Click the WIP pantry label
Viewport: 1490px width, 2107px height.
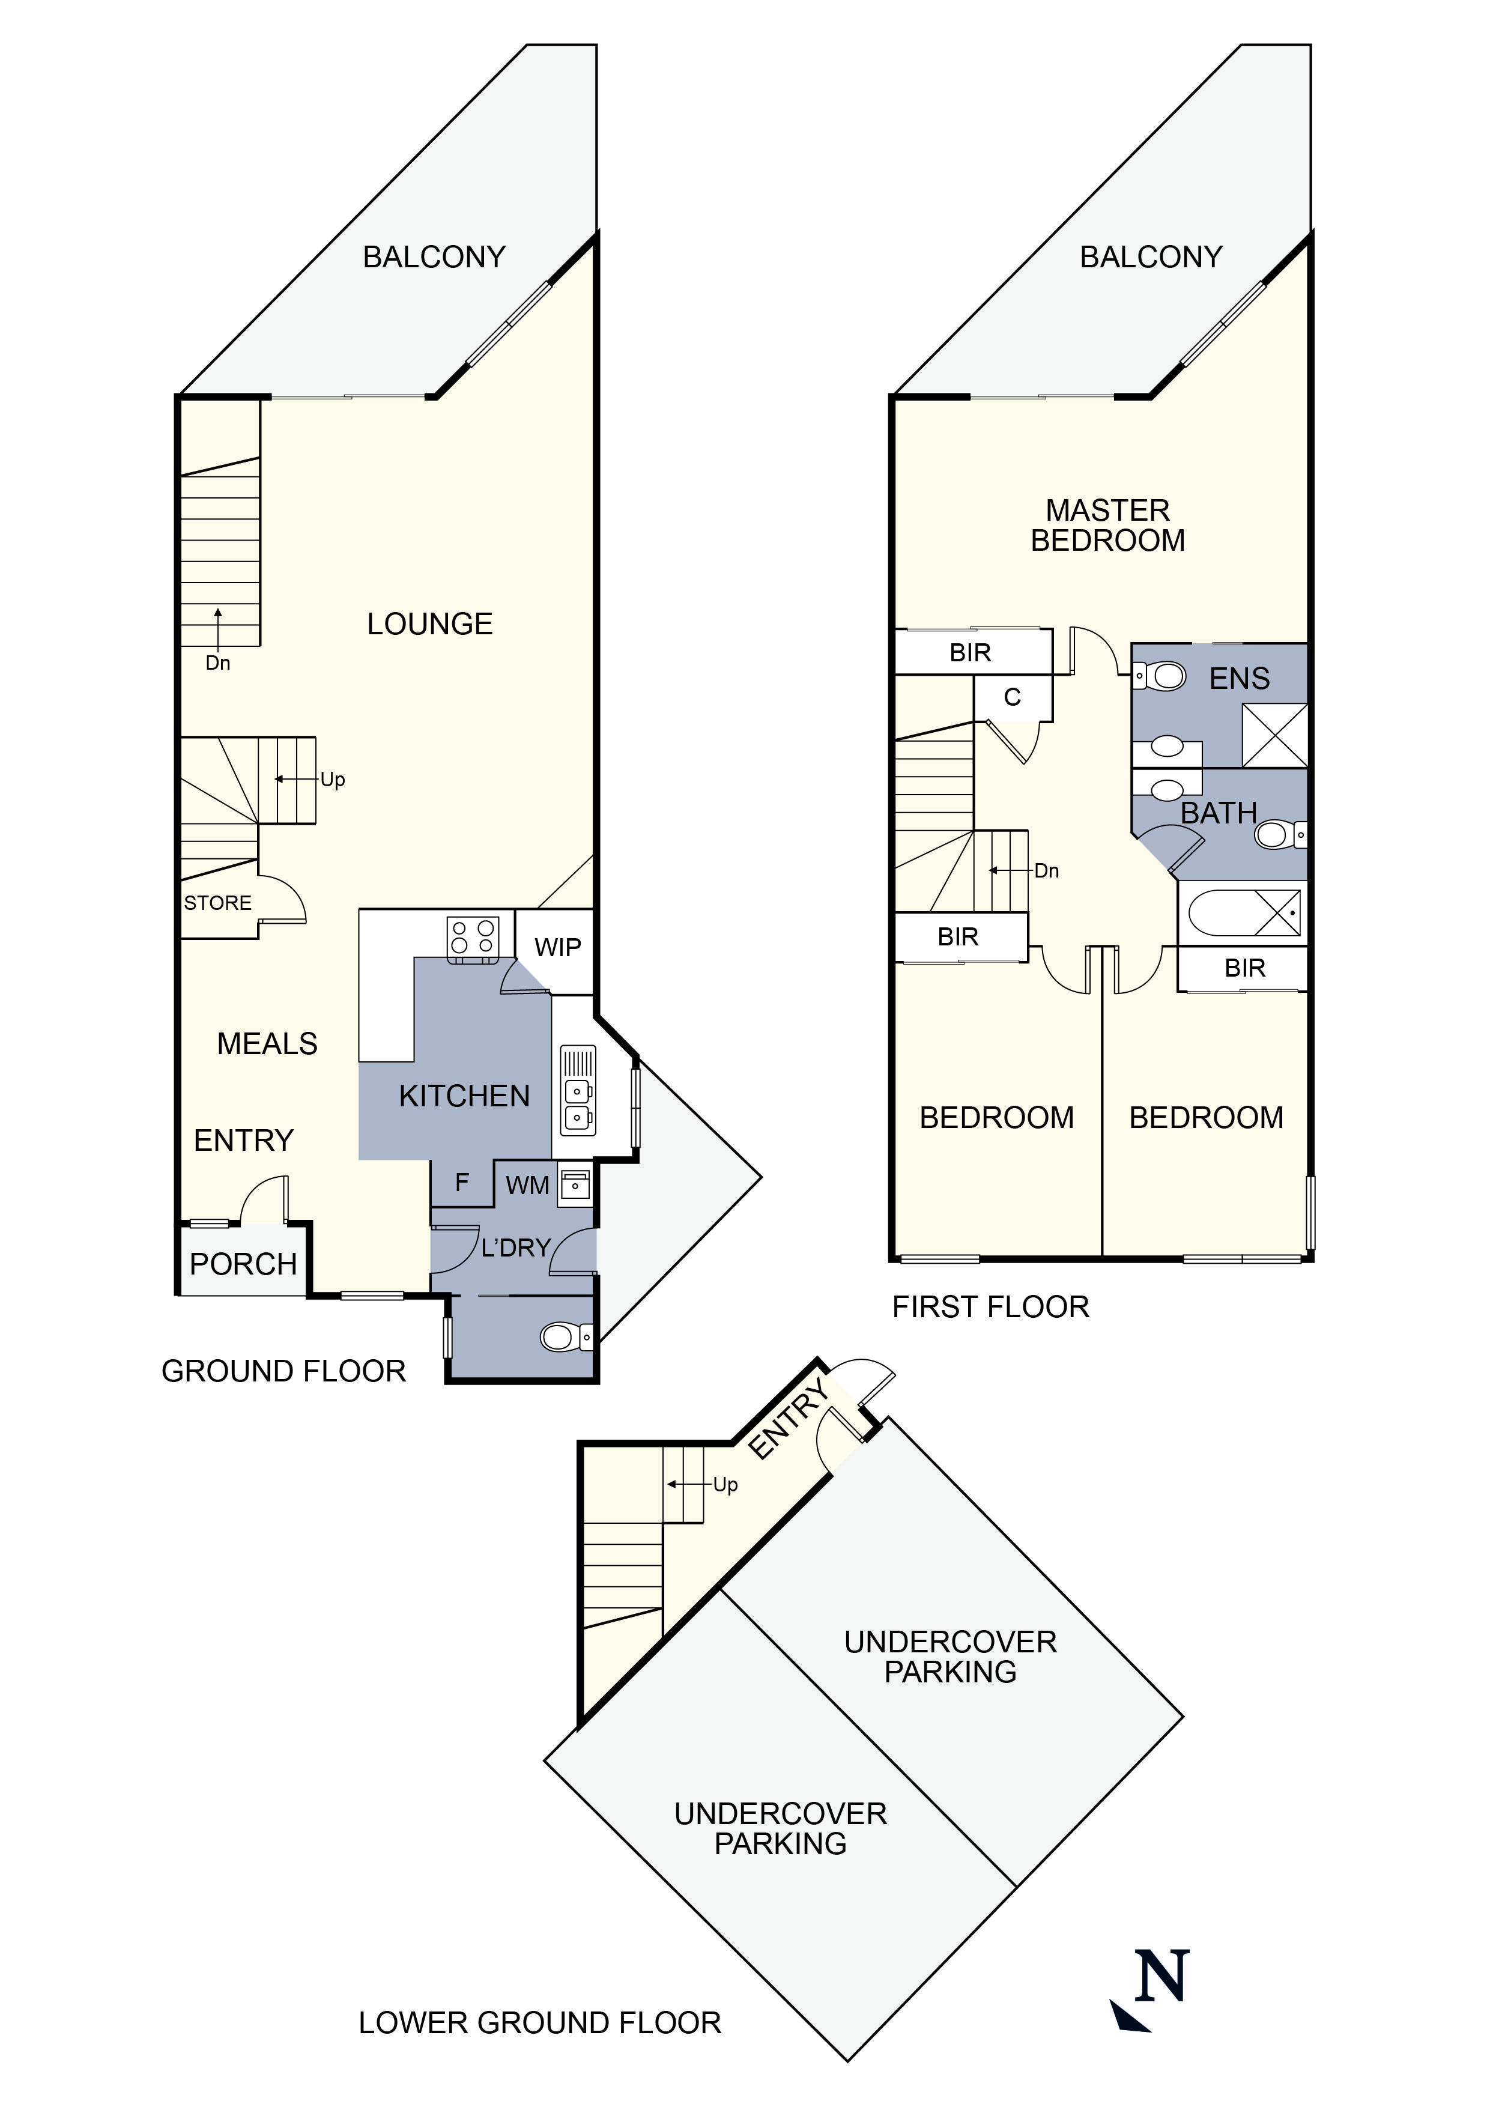558,947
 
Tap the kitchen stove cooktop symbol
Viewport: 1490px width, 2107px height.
473,938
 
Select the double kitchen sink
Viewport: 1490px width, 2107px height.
578,1104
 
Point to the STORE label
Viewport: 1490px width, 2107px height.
217,903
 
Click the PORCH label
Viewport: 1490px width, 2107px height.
243,1264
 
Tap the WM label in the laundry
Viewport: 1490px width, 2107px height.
527,1186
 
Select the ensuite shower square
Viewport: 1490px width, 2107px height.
1274,735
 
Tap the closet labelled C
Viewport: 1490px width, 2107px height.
1012,697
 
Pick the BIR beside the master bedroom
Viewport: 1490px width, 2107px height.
970,652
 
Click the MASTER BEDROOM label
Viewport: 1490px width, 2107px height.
1107,525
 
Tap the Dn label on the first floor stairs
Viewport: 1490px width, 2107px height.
1046,871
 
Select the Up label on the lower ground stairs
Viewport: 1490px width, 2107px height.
725,1485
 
